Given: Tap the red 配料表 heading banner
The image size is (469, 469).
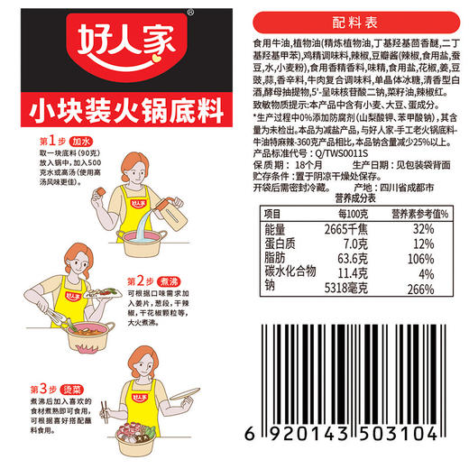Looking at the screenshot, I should tap(352, 18).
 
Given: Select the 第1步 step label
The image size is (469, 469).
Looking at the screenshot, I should tap(51, 143).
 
